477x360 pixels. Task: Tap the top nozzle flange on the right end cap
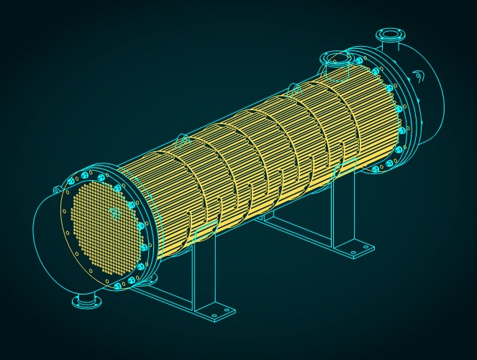[x=389, y=34]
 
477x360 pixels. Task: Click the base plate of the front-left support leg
[x=214, y=312]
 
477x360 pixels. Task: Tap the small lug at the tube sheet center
[x=115, y=212]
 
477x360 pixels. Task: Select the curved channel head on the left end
[x=47, y=238]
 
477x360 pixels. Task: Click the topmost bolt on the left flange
[x=83, y=175]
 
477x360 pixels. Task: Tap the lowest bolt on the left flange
[x=118, y=287]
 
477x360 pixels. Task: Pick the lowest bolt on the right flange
[x=376, y=169]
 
